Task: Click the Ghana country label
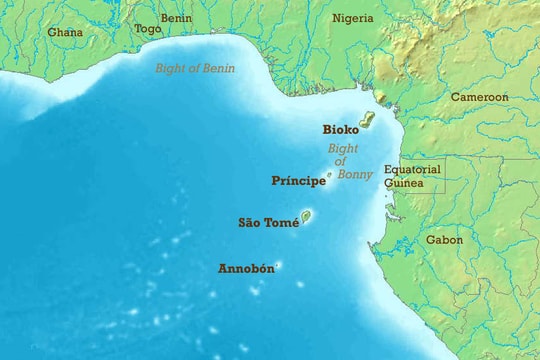point(65,32)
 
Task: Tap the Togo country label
point(147,30)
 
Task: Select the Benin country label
point(176,18)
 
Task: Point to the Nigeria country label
point(352,18)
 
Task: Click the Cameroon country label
point(479,97)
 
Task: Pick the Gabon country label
point(444,240)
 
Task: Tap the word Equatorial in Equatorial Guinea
point(412,170)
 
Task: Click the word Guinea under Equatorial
point(405,183)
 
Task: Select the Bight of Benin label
point(195,68)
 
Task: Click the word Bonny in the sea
point(355,175)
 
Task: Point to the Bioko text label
point(340,129)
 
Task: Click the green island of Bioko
point(366,120)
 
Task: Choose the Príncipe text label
point(298,181)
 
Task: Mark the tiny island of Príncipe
point(329,175)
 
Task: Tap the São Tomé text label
point(268,223)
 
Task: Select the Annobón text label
point(245,268)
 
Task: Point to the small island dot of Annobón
point(278,265)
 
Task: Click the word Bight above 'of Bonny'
point(343,149)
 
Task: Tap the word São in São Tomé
point(249,223)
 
